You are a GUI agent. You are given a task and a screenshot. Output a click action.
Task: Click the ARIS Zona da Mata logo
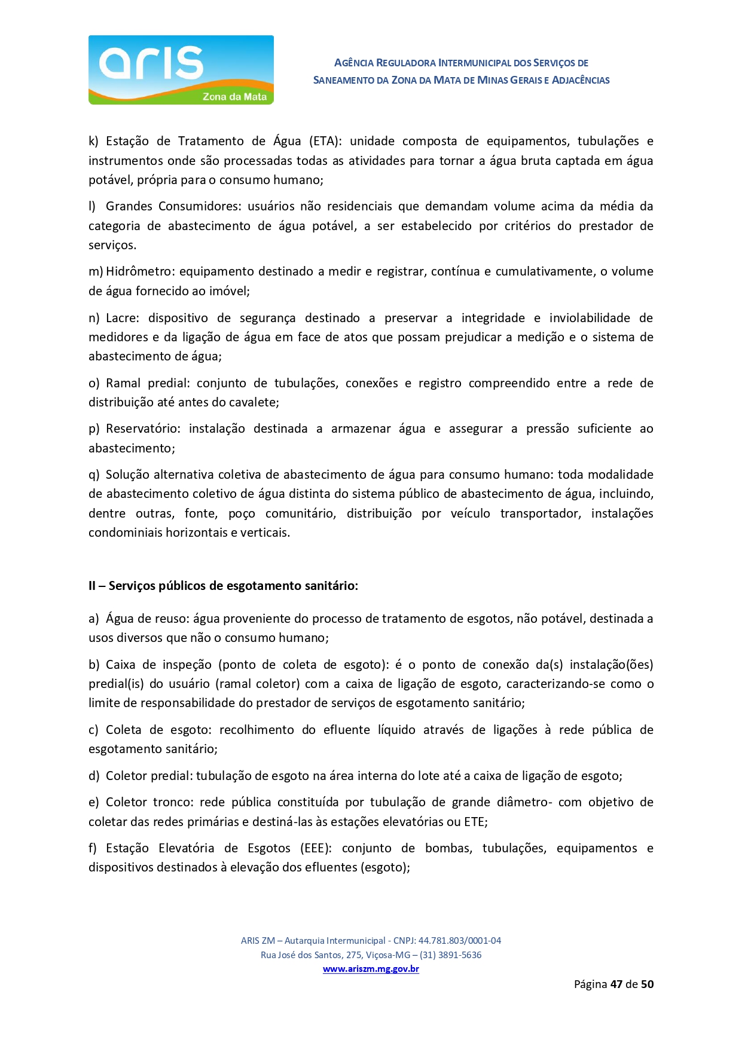click(181, 70)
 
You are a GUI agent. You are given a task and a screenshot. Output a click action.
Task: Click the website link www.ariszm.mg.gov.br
click(371, 969)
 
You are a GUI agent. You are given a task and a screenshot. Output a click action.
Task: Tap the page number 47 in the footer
click(616, 984)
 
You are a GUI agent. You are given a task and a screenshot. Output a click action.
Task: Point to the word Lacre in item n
click(122, 318)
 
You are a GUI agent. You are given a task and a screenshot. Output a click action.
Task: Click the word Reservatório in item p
click(145, 429)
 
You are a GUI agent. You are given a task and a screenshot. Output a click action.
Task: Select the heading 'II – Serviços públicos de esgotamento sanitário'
click(223, 586)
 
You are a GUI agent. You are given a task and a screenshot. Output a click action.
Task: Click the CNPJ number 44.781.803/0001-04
click(459, 940)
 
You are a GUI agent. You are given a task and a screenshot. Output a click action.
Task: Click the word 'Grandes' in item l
click(128, 206)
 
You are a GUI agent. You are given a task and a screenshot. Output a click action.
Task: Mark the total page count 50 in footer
click(647, 984)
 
